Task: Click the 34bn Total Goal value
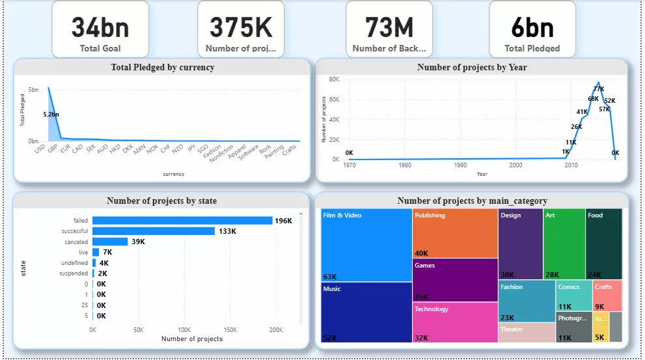coord(100,27)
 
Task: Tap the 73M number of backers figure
coord(389,27)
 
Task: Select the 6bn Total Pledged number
coord(532,27)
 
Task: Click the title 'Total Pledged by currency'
coord(162,67)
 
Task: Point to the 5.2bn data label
coord(51,114)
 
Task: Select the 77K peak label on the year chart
coord(598,89)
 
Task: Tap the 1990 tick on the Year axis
coord(460,165)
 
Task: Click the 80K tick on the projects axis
coord(335,79)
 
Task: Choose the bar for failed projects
coord(182,221)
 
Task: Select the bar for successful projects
coord(154,231)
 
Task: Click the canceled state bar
coord(110,242)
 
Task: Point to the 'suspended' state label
coord(74,273)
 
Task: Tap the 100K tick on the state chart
coord(184,330)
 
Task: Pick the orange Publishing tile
coord(455,233)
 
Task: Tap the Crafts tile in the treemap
coord(607,296)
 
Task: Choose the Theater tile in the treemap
coord(527,332)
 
